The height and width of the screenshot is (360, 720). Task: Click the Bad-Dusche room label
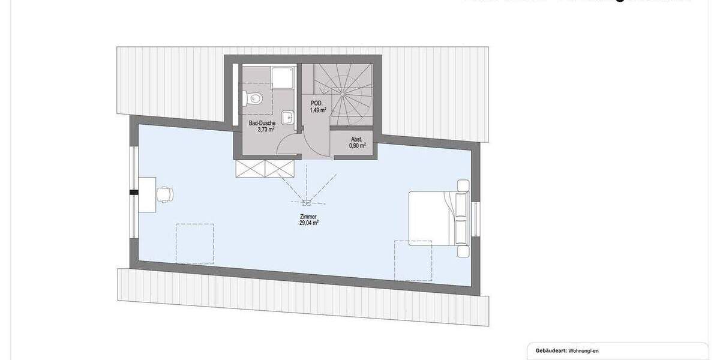point(262,123)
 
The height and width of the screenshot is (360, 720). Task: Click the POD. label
point(317,103)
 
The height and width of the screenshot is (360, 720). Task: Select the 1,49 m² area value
point(318,110)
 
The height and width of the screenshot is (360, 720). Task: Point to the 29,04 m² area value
point(308,223)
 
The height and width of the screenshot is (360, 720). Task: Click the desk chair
point(164,194)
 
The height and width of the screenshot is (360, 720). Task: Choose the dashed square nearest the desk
point(194,244)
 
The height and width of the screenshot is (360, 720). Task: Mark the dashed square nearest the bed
point(413,260)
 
